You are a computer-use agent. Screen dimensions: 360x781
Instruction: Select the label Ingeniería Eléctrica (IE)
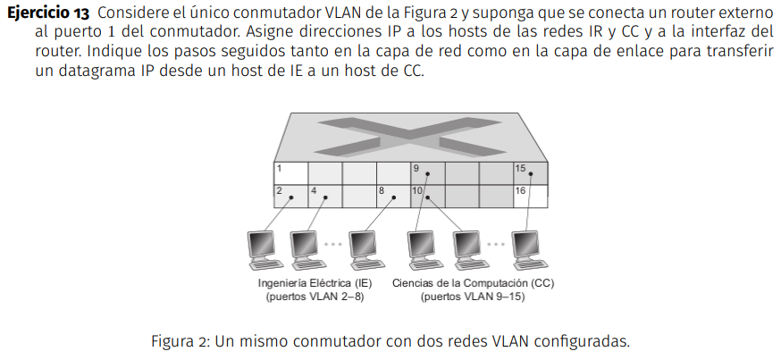tap(315, 284)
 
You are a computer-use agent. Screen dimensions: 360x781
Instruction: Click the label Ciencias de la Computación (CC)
tap(474, 284)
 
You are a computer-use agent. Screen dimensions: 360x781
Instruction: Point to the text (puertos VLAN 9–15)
tap(474, 297)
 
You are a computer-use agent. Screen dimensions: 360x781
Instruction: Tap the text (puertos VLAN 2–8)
tap(315, 297)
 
